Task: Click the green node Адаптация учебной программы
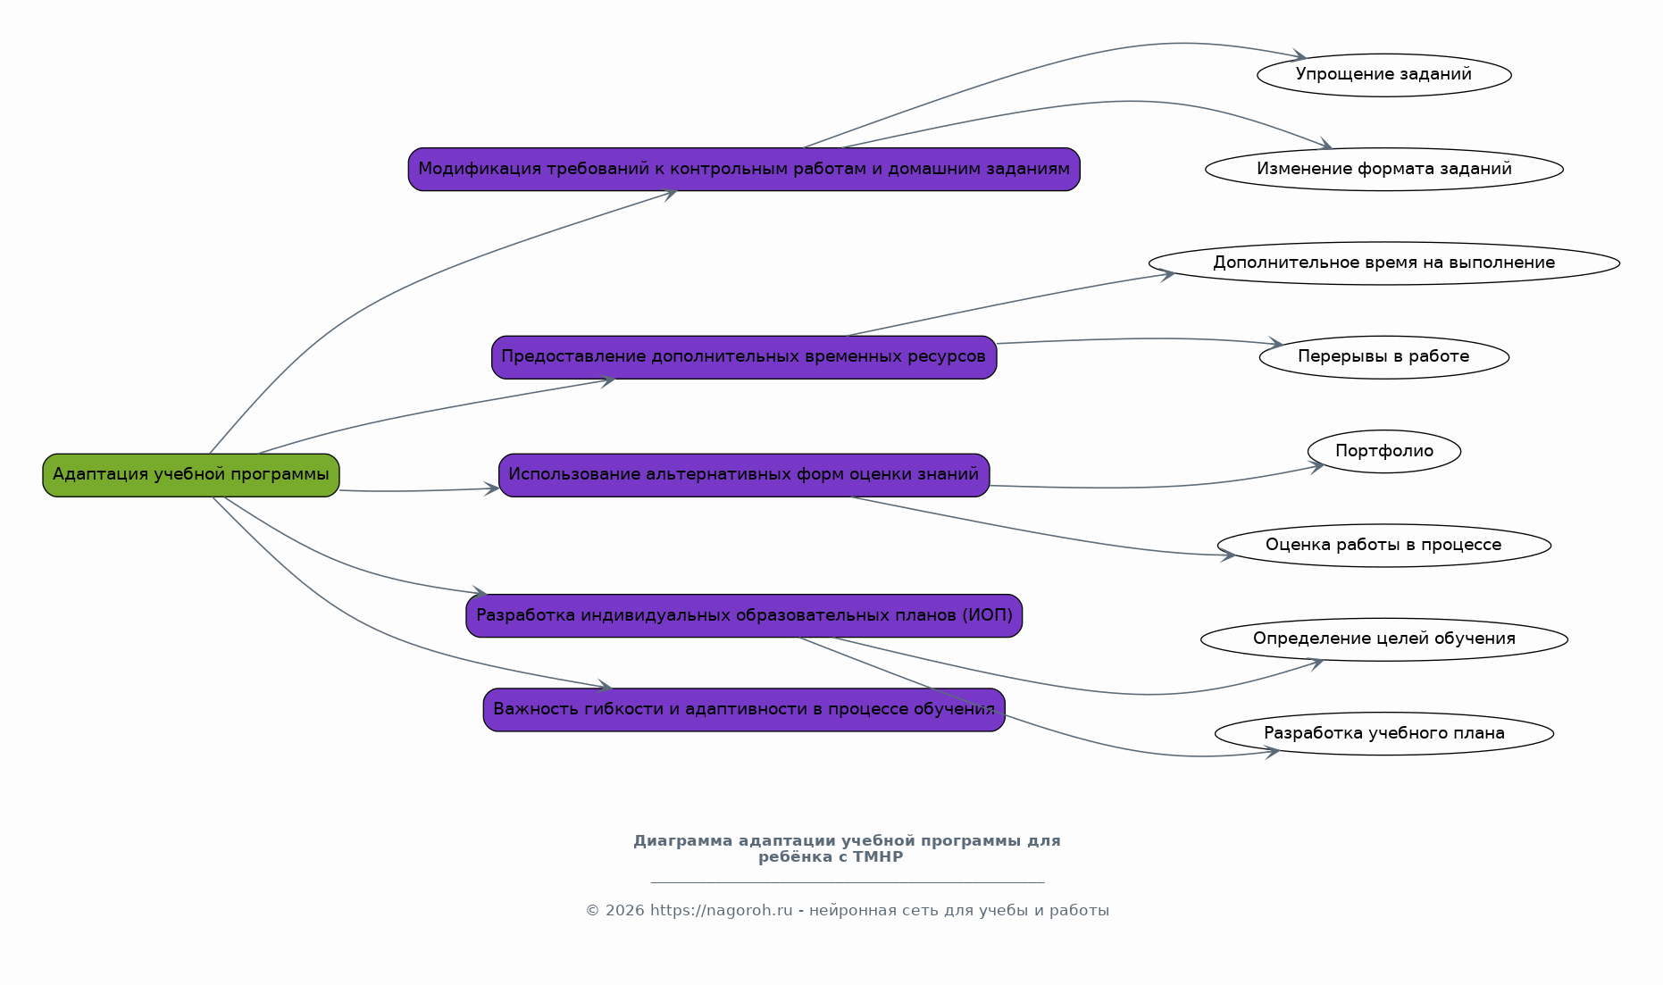(x=191, y=475)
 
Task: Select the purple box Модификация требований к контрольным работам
(x=744, y=170)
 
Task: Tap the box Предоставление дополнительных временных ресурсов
(x=744, y=357)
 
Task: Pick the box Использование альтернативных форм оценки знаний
(x=744, y=475)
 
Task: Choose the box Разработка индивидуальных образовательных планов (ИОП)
(x=744, y=616)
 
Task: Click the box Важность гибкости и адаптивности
(x=744, y=710)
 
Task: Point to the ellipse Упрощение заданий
(x=1384, y=75)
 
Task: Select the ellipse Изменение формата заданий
(x=1384, y=170)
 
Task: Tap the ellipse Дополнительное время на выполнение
(x=1384, y=263)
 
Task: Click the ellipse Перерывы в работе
(x=1384, y=357)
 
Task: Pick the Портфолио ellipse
(x=1384, y=452)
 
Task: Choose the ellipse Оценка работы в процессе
(x=1384, y=546)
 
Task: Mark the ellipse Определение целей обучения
(x=1384, y=639)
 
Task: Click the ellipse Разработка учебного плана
(x=1384, y=734)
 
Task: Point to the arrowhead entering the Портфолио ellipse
(x=1317, y=466)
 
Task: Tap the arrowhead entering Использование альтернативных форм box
(x=492, y=488)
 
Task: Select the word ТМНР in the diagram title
(x=878, y=857)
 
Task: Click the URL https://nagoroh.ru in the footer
(x=721, y=911)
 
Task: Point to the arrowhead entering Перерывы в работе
(x=1274, y=344)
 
